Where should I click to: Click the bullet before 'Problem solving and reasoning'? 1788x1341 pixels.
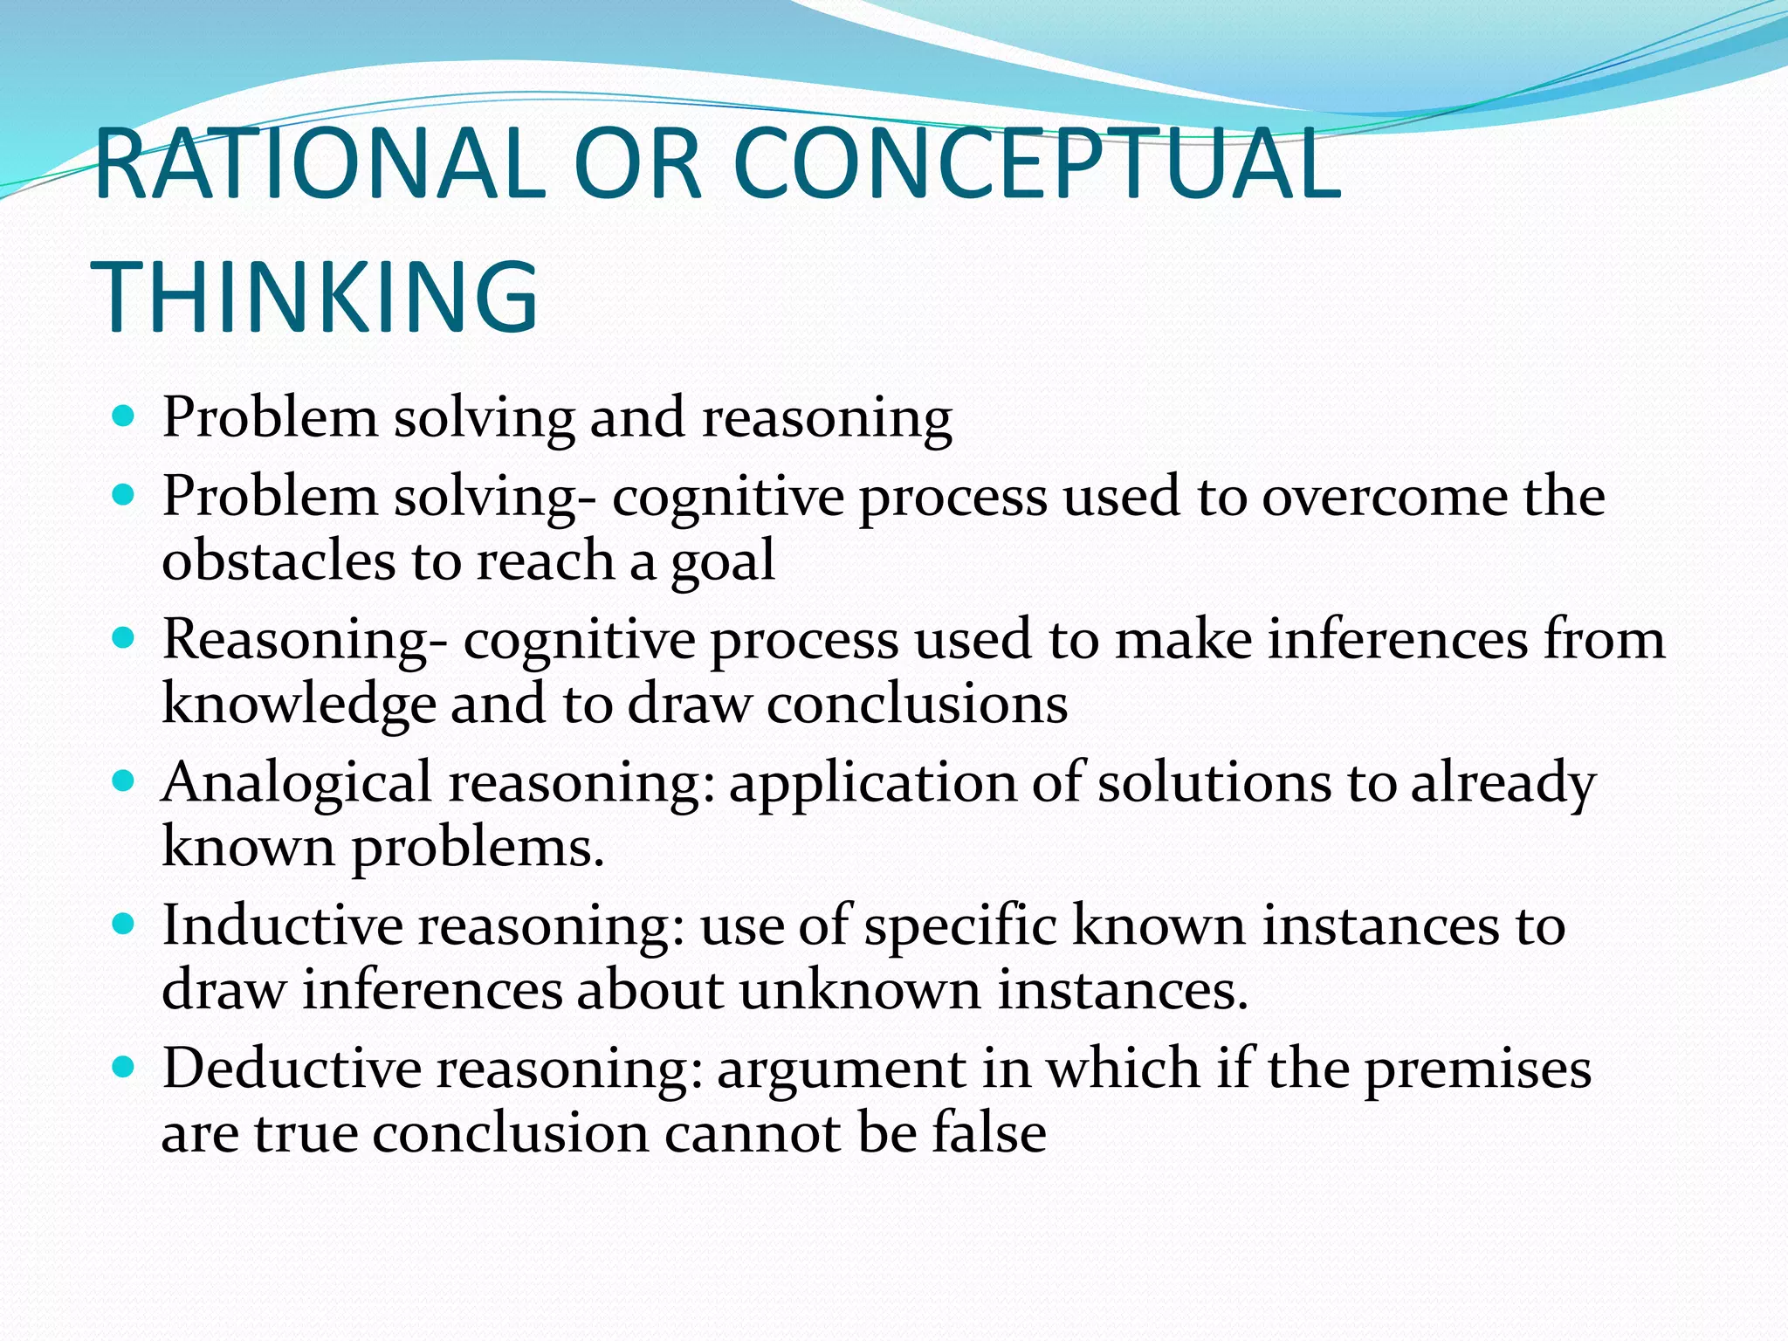point(124,416)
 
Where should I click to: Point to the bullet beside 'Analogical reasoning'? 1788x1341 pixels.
point(124,781)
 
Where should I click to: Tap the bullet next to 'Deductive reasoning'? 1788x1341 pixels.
point(124,1067)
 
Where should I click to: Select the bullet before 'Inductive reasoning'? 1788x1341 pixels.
point(124,924)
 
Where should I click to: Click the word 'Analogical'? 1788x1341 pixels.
point(297,782)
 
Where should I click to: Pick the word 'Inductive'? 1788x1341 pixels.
point(282,925)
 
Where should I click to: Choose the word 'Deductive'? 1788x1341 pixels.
point(292,1069)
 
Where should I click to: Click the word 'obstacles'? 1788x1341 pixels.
point(279,560)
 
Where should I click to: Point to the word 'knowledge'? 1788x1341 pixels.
point(299,705)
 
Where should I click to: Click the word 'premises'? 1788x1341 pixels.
point(1477,1070)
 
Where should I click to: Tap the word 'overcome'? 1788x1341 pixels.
point(1385,498)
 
